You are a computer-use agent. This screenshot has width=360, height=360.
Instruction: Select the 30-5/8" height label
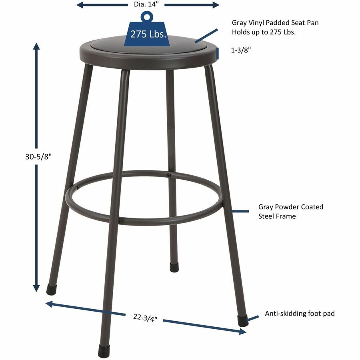click(36, 157)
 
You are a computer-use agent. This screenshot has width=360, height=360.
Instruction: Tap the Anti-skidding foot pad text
click(300, 314)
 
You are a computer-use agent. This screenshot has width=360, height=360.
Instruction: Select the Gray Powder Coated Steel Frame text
click(290, 211)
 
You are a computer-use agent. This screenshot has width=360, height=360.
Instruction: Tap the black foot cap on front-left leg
click(104, 351)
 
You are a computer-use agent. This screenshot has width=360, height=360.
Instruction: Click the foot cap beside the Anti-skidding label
click(242, 320)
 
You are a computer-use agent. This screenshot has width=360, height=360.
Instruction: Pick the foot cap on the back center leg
click(174, 267)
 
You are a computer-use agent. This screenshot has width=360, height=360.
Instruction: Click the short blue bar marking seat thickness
click(218, 52)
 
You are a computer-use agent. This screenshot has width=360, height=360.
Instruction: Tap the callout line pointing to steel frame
click(241, 211)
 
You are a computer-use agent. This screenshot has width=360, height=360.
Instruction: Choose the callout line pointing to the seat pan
click(206, 35)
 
